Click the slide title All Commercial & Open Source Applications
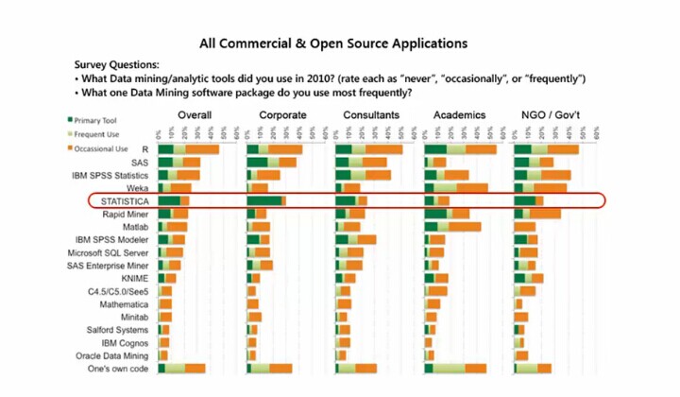pos(333,43)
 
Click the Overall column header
pos(194,115)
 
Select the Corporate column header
pos(280,115)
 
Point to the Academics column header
pos(459,115)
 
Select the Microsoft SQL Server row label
pos(108,253)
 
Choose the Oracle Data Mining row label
pos(111,355)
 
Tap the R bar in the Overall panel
pos(189,149)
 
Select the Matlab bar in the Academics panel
pos(452,227)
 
